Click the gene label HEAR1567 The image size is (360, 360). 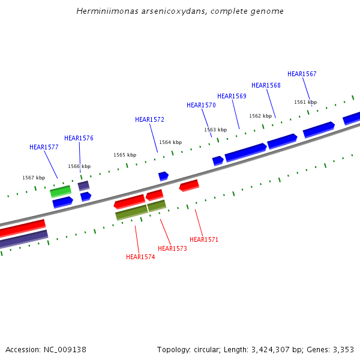point(302,74)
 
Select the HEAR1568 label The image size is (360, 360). point(266,85)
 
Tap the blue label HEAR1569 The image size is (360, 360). point(232,96)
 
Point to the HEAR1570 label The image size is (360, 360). point(201,105)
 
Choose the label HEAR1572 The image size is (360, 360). point(149,119)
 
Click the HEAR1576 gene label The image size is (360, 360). point(79,138)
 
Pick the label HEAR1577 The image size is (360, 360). point(44,147)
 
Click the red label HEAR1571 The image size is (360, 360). point(204,239)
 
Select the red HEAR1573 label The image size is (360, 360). point(172,248)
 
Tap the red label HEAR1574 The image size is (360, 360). point(140,257)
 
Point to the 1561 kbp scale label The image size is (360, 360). point(305,102)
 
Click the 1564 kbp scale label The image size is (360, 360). point(170,142)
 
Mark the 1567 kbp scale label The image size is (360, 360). point(34,178)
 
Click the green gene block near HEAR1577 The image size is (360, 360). point(61,191)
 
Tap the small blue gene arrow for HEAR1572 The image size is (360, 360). point(163,176)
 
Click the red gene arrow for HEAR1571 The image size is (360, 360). point(189,185)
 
